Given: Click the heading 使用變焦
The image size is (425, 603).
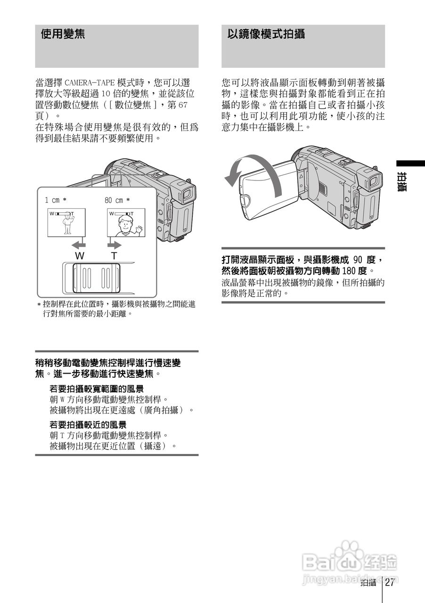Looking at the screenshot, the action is [63, 35].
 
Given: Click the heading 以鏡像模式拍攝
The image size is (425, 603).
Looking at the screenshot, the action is [266, 35].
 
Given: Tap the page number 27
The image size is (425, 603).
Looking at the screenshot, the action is [389, 583].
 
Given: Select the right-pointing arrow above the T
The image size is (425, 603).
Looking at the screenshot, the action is [114, 245].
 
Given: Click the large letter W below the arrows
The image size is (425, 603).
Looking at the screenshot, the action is [80, 256].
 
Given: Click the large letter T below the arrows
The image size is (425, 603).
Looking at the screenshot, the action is [114, 256].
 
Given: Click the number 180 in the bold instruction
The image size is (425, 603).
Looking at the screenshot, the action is [348, 271].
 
